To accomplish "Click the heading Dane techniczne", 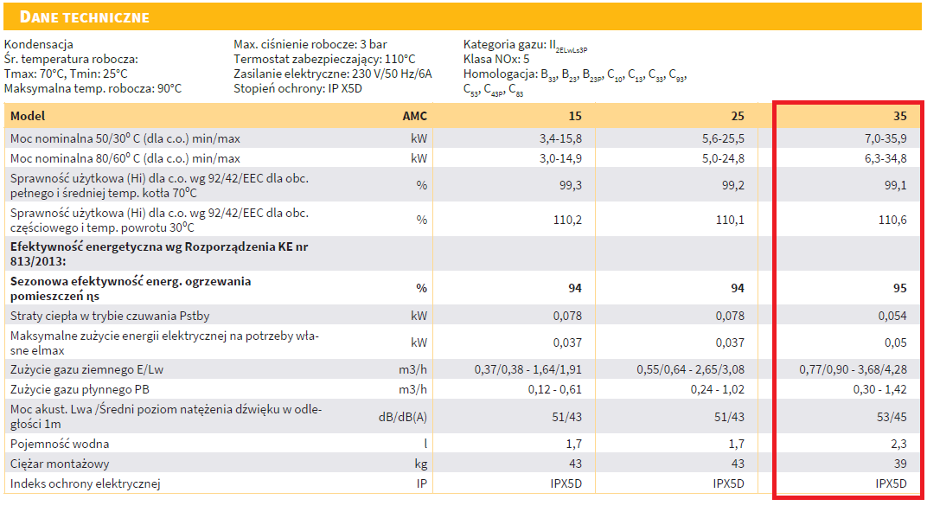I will click(84, 17).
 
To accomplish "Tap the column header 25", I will click(737, 116).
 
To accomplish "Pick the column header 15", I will click(575, 116).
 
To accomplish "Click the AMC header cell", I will click(415, 116).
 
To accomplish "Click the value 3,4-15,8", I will click(561, 138).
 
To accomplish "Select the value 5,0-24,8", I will click(723, 159).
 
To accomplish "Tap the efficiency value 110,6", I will click(892, 220).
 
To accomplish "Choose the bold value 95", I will click(899, 288).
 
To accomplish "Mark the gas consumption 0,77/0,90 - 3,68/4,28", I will click(852, 369).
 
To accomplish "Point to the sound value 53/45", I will click(891, 417).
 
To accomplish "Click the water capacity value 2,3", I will click(898, 444).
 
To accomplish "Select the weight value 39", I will click(899, 464).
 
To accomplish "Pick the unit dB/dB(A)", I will click(402, 417).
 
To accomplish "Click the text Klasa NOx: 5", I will click(496, 59).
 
